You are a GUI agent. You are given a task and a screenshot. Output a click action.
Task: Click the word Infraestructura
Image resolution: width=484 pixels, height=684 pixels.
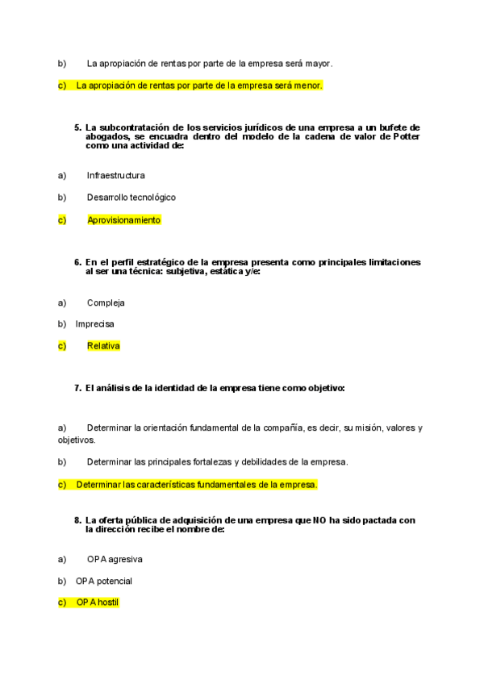click(x=116, y=175)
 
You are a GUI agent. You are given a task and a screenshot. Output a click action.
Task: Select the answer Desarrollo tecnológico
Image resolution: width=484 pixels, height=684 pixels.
click(x=131, y=198)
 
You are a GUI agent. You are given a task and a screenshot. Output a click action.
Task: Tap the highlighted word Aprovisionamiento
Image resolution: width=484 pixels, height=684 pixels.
click(x=124, y=219)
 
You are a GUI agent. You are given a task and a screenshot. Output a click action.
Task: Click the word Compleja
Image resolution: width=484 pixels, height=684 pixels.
click(x=106, y=302)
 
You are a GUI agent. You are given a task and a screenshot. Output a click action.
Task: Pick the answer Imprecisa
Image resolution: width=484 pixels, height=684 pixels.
click(x=94, y=324)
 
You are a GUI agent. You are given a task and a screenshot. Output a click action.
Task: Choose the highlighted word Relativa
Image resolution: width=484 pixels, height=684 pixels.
click(x=103, y=346)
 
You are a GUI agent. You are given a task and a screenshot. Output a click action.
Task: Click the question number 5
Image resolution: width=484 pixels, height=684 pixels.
click(x=77, y=127)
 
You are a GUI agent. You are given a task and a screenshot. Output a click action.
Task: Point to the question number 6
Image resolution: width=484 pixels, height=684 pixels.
click(x=77, y=263)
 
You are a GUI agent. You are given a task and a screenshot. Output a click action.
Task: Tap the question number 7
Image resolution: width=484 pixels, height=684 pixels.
click(x=77, y=389)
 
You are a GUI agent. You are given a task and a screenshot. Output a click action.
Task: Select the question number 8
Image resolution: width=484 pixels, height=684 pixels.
click(x=77, y=521)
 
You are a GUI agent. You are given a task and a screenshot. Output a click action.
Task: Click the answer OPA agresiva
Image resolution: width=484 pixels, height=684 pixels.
click(x=115, y=559)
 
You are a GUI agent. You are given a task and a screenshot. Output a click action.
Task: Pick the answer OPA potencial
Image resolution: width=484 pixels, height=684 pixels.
click(x=104, y=581)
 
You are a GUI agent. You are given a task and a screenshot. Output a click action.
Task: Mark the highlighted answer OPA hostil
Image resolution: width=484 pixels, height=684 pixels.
click(x=98, y=603)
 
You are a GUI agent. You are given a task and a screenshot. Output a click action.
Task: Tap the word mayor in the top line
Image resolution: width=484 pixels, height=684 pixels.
click(x=319, y=63)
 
